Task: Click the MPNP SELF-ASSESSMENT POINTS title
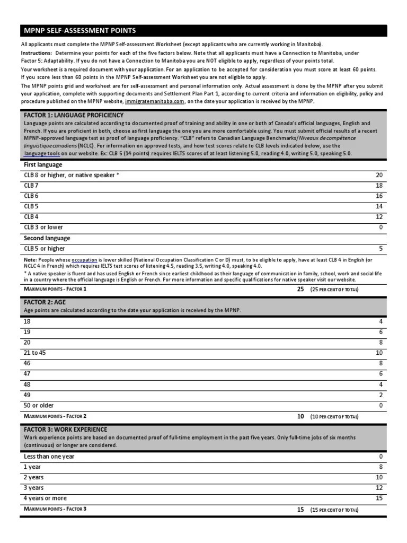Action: pyautogui.click(x=78, y=31)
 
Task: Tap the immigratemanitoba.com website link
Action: pyautogui.click(x=155, y=101)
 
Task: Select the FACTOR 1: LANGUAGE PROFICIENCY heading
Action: pyautogui.click(x=74, y=115)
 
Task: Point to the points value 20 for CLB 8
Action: pyautogui.click(x=378, y=175)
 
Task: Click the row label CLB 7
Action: pyautogui.click(x=31, y=186)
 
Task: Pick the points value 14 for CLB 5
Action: pyautogui.click(x=378, y=206)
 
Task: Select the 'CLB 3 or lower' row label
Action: pyautogui.click(x=43, y=227)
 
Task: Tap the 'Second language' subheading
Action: pyautogui.click(x=47, y=238)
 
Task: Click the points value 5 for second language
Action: pyautogui.click(x=381, y=248)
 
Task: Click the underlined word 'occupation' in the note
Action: pyautogui.click(x=84, y=260)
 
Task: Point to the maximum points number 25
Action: pyautogui.click(x=300, y=289)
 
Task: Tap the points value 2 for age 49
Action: pyautogui.click(x=381, y=395)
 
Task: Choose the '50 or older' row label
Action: pyautogui.click(x=39, y=406)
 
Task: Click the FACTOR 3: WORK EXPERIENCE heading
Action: pyautogui.click(x=66, y=430)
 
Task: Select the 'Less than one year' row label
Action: pyautogui.click(x=49, y=457)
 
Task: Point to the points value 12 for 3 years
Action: pyautogui.click(x=378, y=488)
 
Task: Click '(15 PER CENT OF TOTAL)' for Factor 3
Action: pyautogui.click(x=334, y=510)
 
